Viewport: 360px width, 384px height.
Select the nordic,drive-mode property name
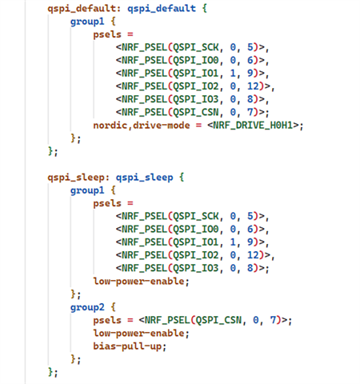(142, 126)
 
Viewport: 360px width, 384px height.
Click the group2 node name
(87, 307)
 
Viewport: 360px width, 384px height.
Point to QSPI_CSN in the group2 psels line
(218, 320)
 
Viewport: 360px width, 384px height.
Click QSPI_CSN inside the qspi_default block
(196, 112)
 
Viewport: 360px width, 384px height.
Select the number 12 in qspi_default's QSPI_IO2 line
(253, 86)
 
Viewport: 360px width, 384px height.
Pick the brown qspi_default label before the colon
(82, 9)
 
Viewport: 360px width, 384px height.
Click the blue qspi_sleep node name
(144, 178)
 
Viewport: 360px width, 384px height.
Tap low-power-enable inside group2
(138, 334)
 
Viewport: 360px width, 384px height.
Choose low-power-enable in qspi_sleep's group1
(138, 282)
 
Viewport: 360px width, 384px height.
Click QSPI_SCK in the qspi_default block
(196, 47)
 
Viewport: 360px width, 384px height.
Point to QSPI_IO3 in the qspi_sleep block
(196, 268)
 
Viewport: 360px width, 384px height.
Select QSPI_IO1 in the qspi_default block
(196, 73)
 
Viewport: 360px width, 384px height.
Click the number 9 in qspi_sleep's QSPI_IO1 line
(250, 242)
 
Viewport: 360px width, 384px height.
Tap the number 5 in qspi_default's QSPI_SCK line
(250, 47)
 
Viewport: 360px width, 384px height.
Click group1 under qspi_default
(87, 22)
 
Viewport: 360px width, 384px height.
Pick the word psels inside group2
(107, 320)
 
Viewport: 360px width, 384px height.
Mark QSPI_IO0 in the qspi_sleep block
(196, 229)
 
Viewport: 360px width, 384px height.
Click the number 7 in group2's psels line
(273, 320)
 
